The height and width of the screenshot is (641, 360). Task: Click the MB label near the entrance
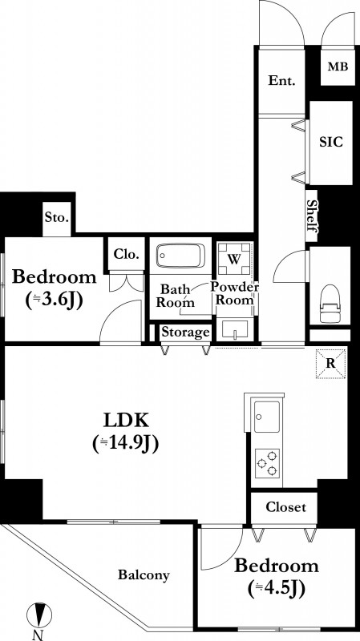click(x=338, y=67)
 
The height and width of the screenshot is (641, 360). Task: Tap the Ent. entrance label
click(x=281, y=81)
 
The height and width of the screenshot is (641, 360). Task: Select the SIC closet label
click(x=330, y=142)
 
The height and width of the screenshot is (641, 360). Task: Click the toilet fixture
click(x=330, y=304)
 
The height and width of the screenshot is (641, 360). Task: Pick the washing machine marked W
click(x=233, y=259)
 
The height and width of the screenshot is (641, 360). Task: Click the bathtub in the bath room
click(x=180, y=256)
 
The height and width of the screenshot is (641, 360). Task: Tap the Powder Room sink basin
click(x=234, y=329)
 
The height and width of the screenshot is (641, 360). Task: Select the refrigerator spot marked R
click(x=330, y=364)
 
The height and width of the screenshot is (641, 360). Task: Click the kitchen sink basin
click(x=267, y=417)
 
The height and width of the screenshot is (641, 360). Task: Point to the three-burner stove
click(x=267, y=463)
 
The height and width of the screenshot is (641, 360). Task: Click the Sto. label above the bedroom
click(x=57, y=217)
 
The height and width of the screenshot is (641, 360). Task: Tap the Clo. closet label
click(x=127, y=254)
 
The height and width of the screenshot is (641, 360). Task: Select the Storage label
click(x=186, y=333)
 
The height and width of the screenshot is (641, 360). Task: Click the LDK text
click(x=126, y=420)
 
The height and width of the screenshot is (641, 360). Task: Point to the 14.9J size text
click(x=126, y=444)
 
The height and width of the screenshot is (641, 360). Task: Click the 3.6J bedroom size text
click(x=55, y=300)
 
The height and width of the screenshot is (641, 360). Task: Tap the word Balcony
click(x=144, y=575)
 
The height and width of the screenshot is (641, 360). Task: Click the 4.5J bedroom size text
click(x=277, y=589)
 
